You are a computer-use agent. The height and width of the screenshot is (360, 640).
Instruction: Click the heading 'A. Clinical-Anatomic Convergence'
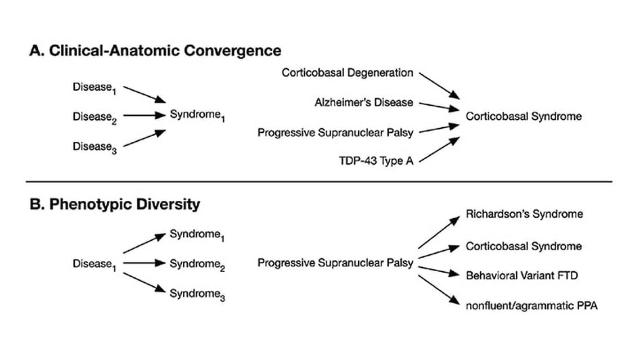pyautogui.click(x=155, y=51)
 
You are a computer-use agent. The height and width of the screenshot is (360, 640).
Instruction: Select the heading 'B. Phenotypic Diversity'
pyautogui.click(x=115, y=204)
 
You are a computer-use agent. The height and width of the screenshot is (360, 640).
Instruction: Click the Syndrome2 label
pyautogui.click(x=197, y=263)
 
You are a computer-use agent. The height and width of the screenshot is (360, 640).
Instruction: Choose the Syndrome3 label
pyautogui.click(x=197, y=294)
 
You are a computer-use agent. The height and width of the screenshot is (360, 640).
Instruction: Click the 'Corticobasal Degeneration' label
pyautogui.click(x=348, y=73)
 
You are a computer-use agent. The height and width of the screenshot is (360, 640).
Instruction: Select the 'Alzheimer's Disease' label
pyautogui.click(x=364, y=102)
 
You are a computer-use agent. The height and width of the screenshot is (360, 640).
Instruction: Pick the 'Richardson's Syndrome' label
pyautogui.click(x=524, y=214)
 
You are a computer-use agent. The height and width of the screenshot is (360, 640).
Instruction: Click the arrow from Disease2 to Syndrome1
pyautogui.click(x=144, y=116)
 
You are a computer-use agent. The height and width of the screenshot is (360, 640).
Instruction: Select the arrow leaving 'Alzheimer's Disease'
pyautogui.click(x=438, y=105)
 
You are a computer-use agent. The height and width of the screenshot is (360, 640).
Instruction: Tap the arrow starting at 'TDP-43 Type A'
pyautogui.click(x=438, y=149)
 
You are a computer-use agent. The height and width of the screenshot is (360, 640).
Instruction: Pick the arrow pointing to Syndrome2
pyautogui.click(x=144, y=263)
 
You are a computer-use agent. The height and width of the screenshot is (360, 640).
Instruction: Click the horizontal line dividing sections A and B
pyautogui.click(x=319, y=182)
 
